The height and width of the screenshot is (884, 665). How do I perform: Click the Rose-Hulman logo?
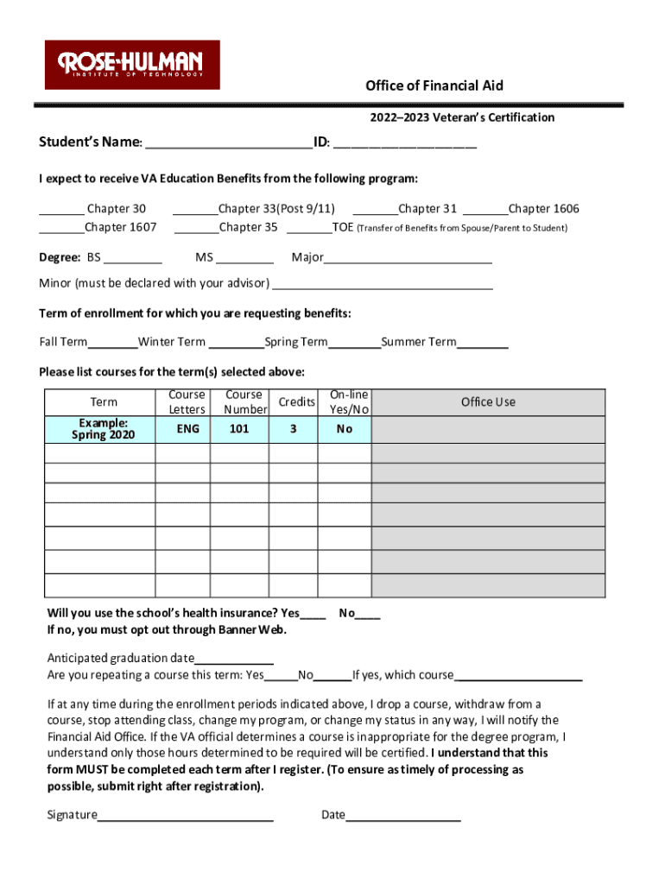coord(132,65)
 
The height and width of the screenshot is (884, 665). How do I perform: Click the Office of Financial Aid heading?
coord(434,85)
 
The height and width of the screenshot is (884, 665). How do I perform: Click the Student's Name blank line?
coord(228,142)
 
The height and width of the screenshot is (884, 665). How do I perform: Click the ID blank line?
coord(404,142)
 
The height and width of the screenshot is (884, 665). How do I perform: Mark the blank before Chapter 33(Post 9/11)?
coord(195,210)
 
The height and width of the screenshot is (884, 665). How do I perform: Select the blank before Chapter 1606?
coord(485,210)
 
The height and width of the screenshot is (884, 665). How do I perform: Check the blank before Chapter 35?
coord(196,229)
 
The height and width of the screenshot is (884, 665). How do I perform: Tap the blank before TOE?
coord(308,229)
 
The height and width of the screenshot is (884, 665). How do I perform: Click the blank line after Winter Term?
coord(235,344)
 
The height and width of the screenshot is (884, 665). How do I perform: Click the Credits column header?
coord(296,402)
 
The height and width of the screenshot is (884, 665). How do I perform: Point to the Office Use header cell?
coord(488,402)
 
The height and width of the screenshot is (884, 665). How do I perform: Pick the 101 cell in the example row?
coord(241,429)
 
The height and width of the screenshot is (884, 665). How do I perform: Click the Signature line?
coord(185,816)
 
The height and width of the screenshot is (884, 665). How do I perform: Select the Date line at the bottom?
coord(402,816)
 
